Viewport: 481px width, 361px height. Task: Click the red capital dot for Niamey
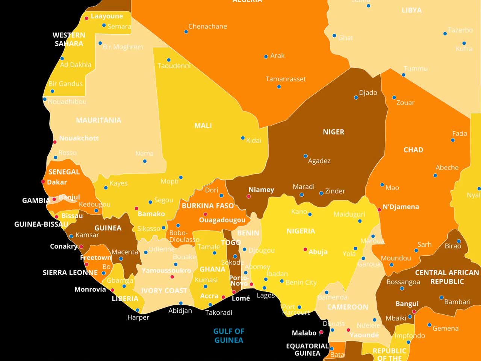(x=248, y=196)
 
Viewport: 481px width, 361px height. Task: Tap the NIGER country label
(x=333, y=132)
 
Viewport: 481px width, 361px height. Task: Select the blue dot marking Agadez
(x=306, y=156)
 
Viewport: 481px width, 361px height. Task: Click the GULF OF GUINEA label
(x=228, y=335)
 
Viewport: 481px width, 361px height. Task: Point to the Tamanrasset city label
(x=286, y=79)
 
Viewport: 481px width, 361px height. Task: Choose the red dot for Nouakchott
(x=54, y=142)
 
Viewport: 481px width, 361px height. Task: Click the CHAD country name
(x=413, y=150)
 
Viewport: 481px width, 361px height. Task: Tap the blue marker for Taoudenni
(x=169, y=60)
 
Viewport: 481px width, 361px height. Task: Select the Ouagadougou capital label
(x=222, y=220)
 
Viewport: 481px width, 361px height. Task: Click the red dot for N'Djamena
(x=379, y=210)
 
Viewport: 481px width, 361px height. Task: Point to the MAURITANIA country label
(x=98, y=120)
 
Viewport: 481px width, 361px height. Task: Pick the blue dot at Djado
(x=356, y=97)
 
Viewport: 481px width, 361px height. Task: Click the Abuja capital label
(x=318, y=252)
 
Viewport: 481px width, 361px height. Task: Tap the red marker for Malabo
(x=321, y=332)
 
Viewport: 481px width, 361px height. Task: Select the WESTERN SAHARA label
(x=69, y=39)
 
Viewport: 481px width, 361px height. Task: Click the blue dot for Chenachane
(x=186, y=32)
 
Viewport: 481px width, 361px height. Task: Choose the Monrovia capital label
(x=90, y=289)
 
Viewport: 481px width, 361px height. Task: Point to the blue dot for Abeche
(x=435, y=175)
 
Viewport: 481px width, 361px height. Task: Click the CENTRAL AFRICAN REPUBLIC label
(x=447, y=277)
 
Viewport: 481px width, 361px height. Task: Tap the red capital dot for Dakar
(x=43, y=182)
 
